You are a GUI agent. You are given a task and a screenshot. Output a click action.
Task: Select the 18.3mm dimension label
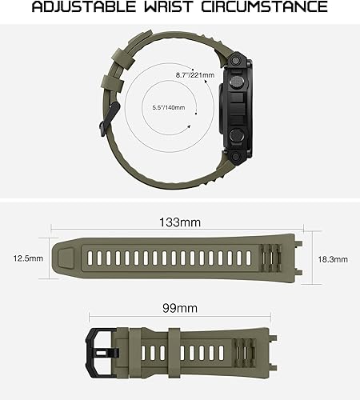click(333, 259)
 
